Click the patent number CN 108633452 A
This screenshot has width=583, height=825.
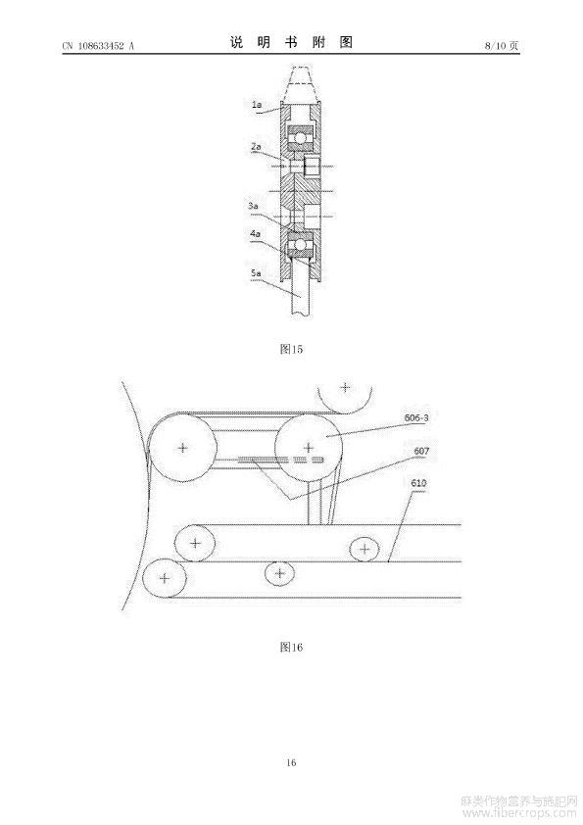point(98,46)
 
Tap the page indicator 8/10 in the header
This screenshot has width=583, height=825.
point(495,46)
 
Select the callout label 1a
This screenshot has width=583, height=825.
point(257,105)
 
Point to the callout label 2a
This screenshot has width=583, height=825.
point(256,146)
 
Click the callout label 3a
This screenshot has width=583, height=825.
point(254,206)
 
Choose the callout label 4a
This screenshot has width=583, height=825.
point(255,233)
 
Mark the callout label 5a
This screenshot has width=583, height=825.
point(256,272)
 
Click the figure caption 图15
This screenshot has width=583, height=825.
point(292,349)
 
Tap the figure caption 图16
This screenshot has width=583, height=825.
point(292,647)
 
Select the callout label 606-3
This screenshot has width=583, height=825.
point(416,417)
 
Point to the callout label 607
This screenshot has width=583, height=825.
point(421,451)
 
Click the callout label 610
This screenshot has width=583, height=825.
point(418,483)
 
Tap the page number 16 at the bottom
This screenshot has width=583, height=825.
point(292,762)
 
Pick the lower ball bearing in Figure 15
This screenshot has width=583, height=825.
point(300,246)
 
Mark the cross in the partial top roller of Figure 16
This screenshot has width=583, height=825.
point(345,387)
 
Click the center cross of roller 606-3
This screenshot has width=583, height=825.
point(309,449)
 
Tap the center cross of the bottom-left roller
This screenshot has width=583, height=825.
point(165,578)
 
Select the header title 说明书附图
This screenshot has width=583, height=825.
point(291,42)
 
